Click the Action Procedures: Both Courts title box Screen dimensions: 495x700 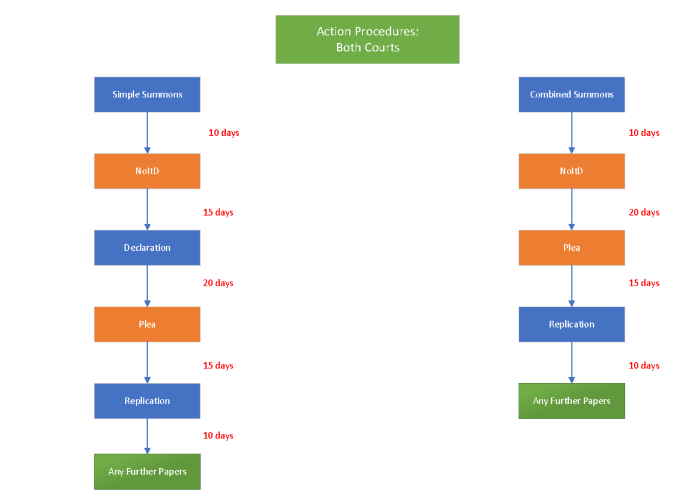click(367, 40)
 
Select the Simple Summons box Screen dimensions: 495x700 click(147, 94)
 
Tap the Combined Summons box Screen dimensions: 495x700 click(572, 94)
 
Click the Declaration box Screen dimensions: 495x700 click(147, 248)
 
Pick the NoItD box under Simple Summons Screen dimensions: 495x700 click(147, 171)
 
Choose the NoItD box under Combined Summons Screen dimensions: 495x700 click(572, 171)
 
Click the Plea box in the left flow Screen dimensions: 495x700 click(147, 324)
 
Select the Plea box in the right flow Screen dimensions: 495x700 click(572, 248)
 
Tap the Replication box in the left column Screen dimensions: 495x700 click(147, 401)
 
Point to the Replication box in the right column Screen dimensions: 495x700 click(572, 324)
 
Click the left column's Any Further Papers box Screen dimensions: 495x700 click(147, 472)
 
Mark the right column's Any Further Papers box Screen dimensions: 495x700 click(572, 401)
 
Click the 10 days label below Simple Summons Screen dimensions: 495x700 click(224, 133)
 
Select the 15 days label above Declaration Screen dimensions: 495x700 click(218, 212)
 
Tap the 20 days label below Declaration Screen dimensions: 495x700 click(218, 283)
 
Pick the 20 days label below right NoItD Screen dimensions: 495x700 click(644, 212)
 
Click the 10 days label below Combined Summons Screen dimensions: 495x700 click(644, 133)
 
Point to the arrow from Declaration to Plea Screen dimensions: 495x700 click(147, 286)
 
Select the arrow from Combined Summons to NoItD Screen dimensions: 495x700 click(572, 133)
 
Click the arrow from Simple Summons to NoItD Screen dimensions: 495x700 click(147, 133)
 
